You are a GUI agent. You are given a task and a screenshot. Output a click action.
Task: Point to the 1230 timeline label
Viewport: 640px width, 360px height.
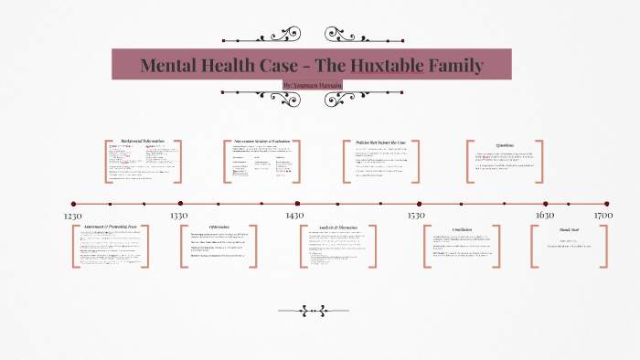point(74,216)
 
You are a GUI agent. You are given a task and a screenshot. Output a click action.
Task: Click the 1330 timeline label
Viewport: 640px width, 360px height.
point(179,216)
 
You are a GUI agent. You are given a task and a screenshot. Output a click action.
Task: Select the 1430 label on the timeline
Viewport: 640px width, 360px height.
point(293,216)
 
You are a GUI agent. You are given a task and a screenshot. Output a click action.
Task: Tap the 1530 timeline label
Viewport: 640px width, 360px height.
point(416,216)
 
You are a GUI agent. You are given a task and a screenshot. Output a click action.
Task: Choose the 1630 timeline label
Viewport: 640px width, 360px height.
point(546,216)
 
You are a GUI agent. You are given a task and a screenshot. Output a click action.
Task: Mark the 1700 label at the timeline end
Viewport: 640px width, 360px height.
point(603,216)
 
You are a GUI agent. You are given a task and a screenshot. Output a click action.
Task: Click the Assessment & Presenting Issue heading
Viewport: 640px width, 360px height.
point(111,227)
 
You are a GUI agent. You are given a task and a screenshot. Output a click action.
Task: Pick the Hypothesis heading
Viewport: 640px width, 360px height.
point(219,227)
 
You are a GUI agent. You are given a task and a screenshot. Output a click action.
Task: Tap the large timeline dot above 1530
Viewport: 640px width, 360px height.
point(420,204)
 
